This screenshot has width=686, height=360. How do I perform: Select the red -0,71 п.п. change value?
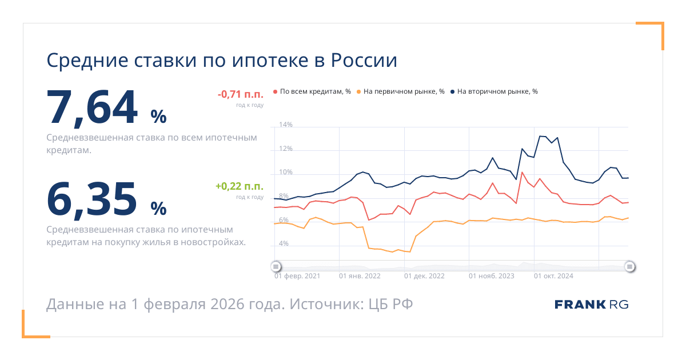coord(240,94)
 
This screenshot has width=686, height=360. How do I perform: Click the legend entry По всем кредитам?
coord(312,91)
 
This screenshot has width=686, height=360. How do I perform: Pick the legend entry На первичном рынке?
coord(400,91)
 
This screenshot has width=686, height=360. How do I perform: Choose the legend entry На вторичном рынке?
coord(494,91)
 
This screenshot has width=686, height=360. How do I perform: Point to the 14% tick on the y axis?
coord(285,125)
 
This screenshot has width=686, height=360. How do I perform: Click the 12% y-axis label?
coord(285,149)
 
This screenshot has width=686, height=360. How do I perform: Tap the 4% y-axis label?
coord(284,244)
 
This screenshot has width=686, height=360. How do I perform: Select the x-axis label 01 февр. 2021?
coord(297,276)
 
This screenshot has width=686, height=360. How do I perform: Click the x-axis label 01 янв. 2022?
coord(360,276)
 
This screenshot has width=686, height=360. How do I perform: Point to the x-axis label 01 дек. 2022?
coord(424,276)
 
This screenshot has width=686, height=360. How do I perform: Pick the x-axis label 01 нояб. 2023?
coord(491,276)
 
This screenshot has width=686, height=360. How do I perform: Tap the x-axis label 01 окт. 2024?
coord(553,276)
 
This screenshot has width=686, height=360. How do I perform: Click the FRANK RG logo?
coord(591,305)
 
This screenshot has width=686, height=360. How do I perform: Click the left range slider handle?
coord(276,266)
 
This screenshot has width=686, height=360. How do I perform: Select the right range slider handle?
coord(629,266)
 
